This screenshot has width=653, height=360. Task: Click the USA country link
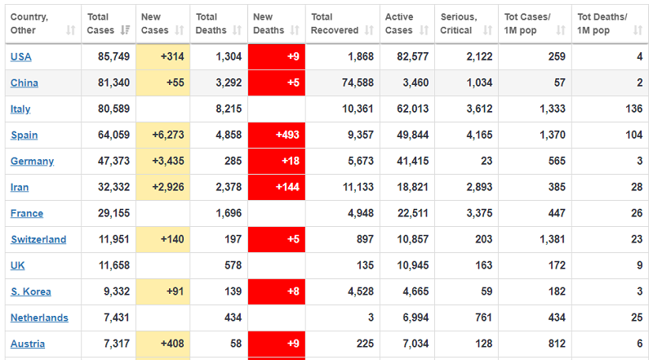pos(21,57)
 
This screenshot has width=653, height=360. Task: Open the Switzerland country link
pos(38,240)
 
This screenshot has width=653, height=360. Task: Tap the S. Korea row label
pos(31,292)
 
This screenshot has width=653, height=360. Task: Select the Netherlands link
pos(39,318)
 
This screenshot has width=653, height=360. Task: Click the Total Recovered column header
pos(335,24)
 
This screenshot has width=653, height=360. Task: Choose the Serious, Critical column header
pos(456,24)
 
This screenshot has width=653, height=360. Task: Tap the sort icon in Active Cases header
pos(424,30)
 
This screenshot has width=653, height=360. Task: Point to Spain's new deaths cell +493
pos(276,136)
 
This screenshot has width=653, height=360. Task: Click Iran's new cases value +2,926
pos(167,188)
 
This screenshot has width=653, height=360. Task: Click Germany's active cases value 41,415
pos(410,162)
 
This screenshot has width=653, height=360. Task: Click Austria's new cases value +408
pos(172,344)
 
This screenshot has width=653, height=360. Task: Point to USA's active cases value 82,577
pos(410,57)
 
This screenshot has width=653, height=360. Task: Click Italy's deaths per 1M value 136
pos(633,109)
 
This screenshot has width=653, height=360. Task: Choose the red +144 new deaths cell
pos(276,188)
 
